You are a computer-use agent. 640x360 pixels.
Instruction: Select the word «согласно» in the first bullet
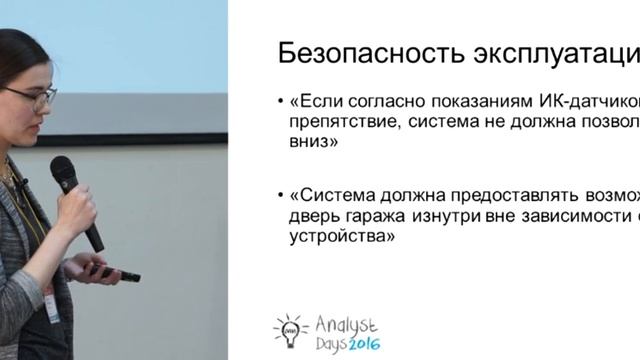(379, 102)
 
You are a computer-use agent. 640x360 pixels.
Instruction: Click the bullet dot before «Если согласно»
(281, 102)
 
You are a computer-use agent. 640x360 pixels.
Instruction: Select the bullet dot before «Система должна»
(281, 192)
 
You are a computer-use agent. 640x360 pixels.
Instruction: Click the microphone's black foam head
(64, 172)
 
